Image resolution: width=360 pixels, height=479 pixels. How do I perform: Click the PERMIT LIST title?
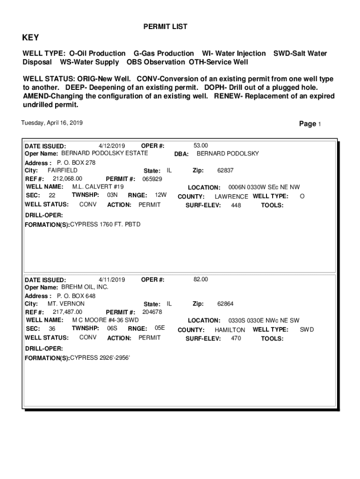(x=165, y=27)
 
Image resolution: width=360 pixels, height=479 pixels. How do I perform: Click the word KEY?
(x=31, y=38)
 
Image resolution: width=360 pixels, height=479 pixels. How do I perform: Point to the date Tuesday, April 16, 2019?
(x=52, y=123)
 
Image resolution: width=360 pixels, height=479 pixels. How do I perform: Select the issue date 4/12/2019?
(x=112, y=145)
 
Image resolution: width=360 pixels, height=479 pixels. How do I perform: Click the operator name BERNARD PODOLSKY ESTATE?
(x=105, y=153)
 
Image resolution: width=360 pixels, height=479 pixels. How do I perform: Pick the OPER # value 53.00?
(x=201, y=145)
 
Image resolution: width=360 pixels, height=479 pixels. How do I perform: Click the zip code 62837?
(x=225, y=171)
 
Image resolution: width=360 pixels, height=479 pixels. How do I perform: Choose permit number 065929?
(x=152, y=179)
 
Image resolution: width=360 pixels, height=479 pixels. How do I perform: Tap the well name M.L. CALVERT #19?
(x=98, y=187)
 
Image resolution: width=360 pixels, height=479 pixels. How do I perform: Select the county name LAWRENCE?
(x=231, y=196)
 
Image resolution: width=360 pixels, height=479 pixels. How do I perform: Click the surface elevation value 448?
(x=236, y=205)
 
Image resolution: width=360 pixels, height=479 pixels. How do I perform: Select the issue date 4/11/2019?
(x=112, y=279)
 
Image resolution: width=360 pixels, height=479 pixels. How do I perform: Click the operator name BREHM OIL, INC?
(x=85, y=287)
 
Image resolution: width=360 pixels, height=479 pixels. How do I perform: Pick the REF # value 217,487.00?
(x=67, y=312)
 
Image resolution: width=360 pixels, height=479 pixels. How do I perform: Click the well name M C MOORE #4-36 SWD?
(x=105, y=320)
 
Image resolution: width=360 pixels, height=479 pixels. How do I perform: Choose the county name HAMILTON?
(x=230, y=330)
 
